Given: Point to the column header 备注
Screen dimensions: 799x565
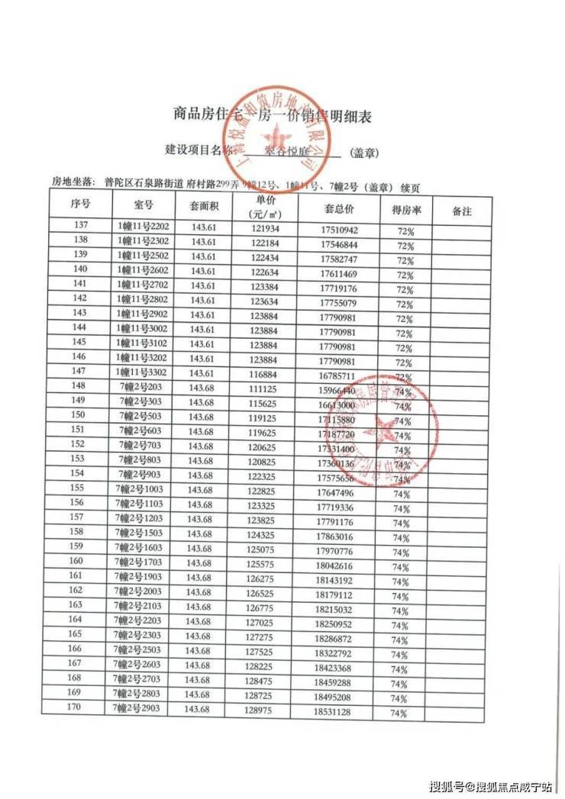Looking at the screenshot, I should [x=462, y=211].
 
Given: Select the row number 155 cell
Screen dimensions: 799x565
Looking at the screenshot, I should [x=76, y=488].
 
